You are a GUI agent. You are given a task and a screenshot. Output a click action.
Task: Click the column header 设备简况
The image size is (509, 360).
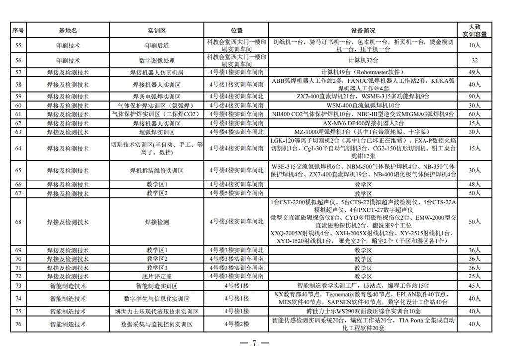pos(363,31)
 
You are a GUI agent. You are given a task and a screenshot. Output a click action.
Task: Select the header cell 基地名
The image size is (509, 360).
pos(68,31)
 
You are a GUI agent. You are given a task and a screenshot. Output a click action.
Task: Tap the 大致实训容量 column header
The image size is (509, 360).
pos(474,31)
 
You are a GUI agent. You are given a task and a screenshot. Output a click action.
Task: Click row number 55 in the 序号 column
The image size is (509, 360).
pos(19,45)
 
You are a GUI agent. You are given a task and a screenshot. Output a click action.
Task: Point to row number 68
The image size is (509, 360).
pos(19,222)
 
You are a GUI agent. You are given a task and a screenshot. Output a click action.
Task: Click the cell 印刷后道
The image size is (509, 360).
pos(157,45)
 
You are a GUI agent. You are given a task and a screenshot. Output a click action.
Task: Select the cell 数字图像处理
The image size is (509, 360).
pos(157,61)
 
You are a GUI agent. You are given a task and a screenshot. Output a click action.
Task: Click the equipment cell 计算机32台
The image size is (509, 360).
pos(363,61)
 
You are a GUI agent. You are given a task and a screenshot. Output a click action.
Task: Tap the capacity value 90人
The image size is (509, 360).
pos(474,96)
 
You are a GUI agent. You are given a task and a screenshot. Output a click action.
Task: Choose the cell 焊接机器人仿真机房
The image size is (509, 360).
pos(157,72)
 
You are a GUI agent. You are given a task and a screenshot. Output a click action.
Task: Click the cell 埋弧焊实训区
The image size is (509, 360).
pos(157,132)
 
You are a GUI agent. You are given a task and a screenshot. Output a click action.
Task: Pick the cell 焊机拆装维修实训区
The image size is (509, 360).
pos(157,170)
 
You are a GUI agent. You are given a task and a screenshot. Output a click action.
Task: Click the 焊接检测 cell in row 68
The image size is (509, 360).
pos(157,222)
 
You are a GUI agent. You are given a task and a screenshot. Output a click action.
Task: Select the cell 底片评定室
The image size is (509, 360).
pos(157,276)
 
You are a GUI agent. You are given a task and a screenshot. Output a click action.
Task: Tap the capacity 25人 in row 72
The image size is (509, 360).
pos(474,276)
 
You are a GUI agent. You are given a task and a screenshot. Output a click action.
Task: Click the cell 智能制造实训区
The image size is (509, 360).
pos(157,286)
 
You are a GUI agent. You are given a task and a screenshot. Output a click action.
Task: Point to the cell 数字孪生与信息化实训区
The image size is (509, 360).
pos(157,299)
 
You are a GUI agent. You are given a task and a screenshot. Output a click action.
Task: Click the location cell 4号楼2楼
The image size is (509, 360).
pos(237,324)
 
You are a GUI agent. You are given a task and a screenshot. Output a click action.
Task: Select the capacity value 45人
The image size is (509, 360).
pos(474,286)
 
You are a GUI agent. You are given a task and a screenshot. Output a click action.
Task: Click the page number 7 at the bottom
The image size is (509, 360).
pos(254,344)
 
